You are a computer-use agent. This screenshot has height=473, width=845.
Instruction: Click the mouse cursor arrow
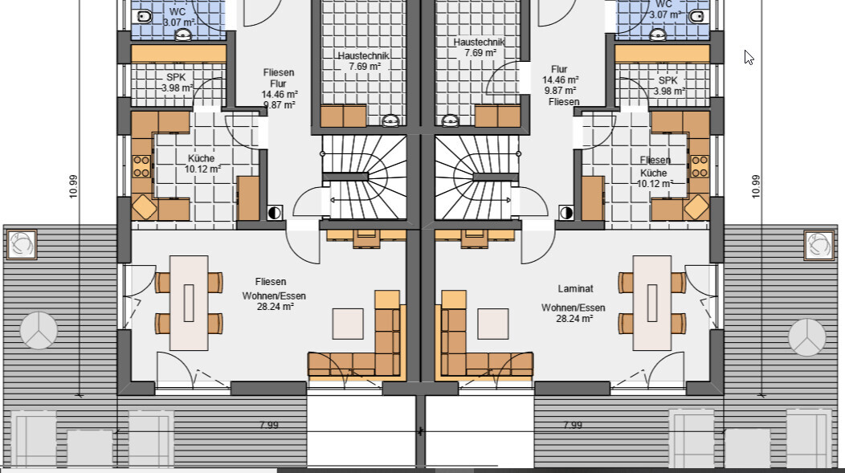pos(749,57)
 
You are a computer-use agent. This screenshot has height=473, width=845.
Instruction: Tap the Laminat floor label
pos(576,289)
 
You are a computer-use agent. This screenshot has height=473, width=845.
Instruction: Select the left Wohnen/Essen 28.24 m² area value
pos(275,307)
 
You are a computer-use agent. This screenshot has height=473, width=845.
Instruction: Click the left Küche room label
pos(202,158)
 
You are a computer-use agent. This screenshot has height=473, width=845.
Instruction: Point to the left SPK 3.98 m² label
pos(177,83)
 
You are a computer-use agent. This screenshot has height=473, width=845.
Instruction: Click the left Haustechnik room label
pos(364,55)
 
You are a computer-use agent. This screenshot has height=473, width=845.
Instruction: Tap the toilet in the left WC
pos(145,17)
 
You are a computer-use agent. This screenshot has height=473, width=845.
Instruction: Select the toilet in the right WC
pos(696,16)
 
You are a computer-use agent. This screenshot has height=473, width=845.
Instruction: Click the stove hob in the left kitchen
pos(141,166)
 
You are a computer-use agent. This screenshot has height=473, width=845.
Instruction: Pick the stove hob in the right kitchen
pos(700,166)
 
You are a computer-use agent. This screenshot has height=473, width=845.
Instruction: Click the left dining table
pos(189,303)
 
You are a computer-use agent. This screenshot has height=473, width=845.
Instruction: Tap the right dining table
pos(652,303)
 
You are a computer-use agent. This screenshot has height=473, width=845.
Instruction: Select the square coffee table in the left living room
pos(348,324)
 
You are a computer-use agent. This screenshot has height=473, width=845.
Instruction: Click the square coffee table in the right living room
pos(493,324)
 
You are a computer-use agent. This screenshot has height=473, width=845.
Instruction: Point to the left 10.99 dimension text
pos(74,186)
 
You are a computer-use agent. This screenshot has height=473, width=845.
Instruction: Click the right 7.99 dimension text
pos(573,425)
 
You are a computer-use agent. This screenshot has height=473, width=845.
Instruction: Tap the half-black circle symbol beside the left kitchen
pos(275,213)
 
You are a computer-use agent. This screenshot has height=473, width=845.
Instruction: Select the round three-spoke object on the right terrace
pos(806,337)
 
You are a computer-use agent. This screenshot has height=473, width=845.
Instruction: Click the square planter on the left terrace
pos(21,245)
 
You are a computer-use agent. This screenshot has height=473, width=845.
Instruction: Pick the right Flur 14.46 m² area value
pos(561,80)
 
